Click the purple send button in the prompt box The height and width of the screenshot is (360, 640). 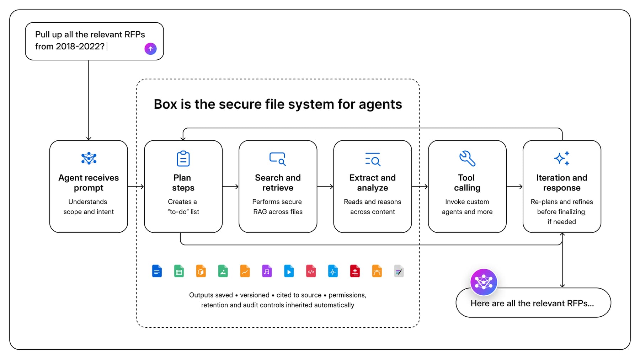pos(150,49)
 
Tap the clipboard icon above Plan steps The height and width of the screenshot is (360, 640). pos(183,158)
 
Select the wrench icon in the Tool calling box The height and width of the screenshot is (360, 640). pos(467,158)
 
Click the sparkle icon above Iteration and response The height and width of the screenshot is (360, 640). pos(562,158)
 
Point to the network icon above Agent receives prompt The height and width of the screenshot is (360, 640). pos(89,158)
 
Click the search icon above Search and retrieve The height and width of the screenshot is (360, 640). pos(277,159)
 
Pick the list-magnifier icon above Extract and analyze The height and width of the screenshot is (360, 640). pos(373,159)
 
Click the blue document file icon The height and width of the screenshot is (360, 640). pos(157,271)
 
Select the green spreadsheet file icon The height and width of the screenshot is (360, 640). pos(179,271)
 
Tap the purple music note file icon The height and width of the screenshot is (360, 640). pos(267,271)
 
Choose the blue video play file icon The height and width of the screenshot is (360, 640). pos(289,271)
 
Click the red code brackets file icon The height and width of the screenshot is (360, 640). pos(311,271)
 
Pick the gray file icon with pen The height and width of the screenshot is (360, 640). pos(399,271)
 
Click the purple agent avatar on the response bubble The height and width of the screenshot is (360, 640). pos(484,282)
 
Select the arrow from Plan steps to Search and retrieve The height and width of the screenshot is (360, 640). pos(230,187)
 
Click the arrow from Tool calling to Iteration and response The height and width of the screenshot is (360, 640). pos(514,187)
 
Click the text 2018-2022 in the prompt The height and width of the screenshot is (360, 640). pos(80,47)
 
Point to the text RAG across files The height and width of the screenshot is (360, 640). pos(278,212)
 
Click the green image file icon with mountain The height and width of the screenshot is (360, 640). pos(223,271)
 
